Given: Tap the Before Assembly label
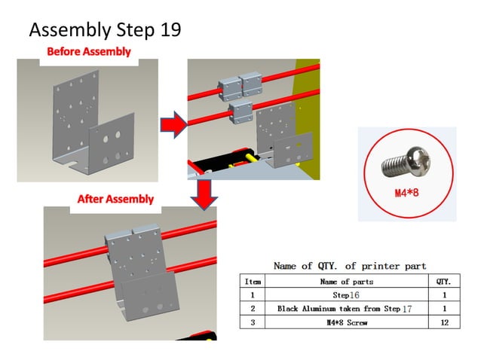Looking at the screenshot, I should (x=88, y=52).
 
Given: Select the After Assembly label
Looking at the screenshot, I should (x=115, y=200).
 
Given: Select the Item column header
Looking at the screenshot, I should (x=253, y=281).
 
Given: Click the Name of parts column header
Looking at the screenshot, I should (x=346, y=281).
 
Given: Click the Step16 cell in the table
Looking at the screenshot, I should (x=346, y=295).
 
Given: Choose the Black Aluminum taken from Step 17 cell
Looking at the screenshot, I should (x=346, y=309).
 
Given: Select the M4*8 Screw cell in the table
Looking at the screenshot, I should (x=346, y=322).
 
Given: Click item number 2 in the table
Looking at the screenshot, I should (x=253, y=309).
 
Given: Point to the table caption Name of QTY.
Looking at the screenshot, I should (x=349, y=266).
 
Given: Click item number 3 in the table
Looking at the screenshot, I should (x=253, y=322).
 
